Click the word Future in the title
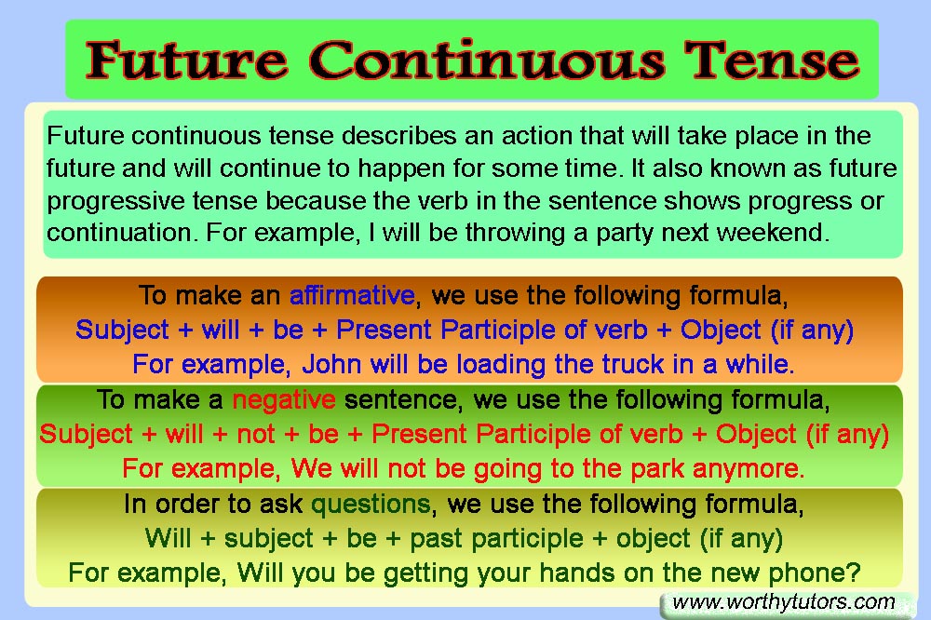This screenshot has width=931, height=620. pos(186,60)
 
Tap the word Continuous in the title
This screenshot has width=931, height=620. pos(486,60)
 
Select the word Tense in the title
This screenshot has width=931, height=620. pos(772,60)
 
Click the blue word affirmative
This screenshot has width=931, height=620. pos(352,295)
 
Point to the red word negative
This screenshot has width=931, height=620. pos(284,399)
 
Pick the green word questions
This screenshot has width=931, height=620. pos(371,505)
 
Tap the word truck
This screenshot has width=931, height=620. pos(632,364)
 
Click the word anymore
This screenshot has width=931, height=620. pos(749,469)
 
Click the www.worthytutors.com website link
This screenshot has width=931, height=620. pos(783,602)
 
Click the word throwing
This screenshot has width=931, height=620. pos(515,233)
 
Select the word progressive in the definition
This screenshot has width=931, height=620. pos(115,201)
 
